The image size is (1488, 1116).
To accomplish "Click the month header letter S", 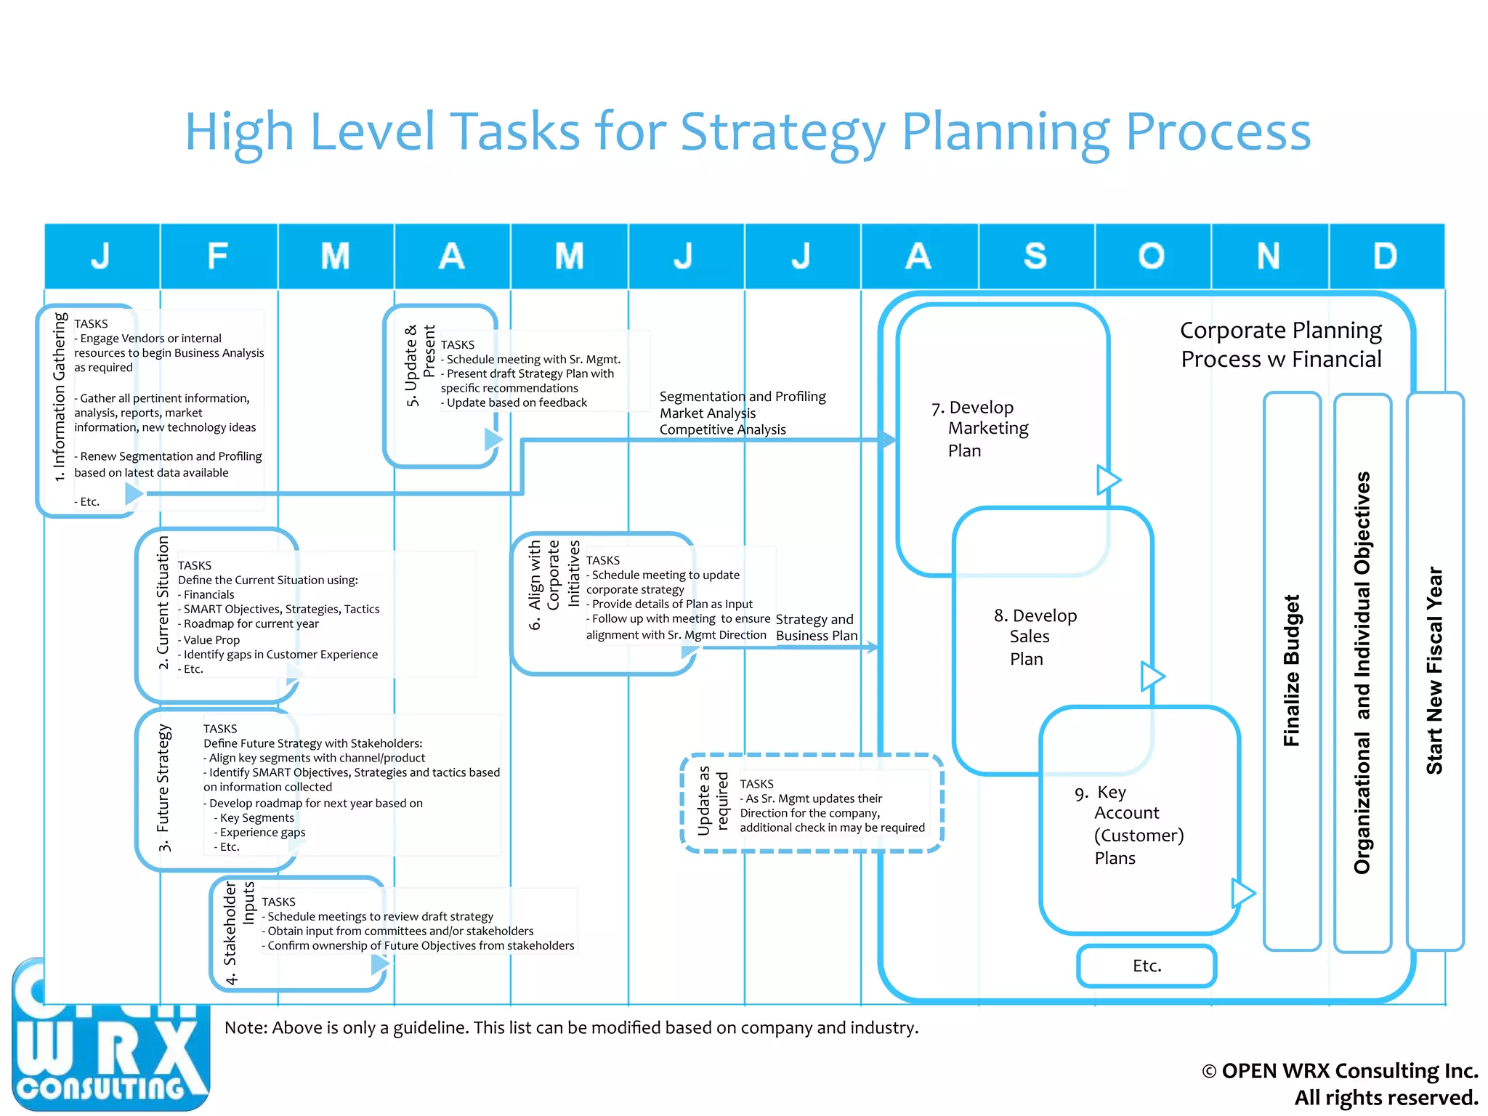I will [1035, 256].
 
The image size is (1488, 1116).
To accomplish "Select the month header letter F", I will [217, 256].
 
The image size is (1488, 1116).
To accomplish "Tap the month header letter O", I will [1152, 256].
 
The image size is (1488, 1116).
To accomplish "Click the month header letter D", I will [1385, 256].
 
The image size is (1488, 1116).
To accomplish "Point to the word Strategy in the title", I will [783, 133].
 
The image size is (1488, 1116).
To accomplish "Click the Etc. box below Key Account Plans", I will [1147, 966].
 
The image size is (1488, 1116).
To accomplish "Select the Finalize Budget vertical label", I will [1291, 670].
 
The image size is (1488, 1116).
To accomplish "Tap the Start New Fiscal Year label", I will [1434, 670].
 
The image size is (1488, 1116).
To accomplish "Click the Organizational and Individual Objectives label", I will [1362, 672].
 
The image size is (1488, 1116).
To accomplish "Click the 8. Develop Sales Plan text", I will [1035, 636].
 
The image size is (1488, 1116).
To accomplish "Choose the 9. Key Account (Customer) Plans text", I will [1130, 825].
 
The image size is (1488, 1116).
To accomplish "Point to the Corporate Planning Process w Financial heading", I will [1281, 344].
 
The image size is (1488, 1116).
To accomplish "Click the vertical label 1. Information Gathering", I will [59, 397].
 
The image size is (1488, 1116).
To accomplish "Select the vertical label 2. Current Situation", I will [163, 603].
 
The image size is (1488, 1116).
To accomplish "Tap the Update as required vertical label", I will [712, 801].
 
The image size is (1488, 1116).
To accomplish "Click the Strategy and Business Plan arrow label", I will [816, 627].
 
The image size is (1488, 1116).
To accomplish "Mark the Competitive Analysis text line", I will [722, 429].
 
